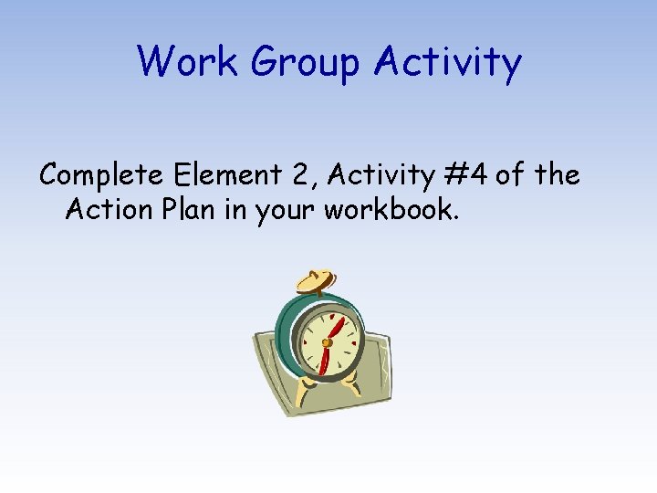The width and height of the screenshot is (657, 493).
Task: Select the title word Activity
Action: tap(448, 62)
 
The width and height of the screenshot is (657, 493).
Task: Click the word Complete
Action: tap(99, 174)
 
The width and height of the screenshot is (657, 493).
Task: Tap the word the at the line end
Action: tap(558, 173)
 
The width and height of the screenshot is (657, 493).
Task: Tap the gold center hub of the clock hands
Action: tap(326, 342)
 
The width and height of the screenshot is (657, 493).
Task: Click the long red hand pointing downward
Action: tap(322, 361)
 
